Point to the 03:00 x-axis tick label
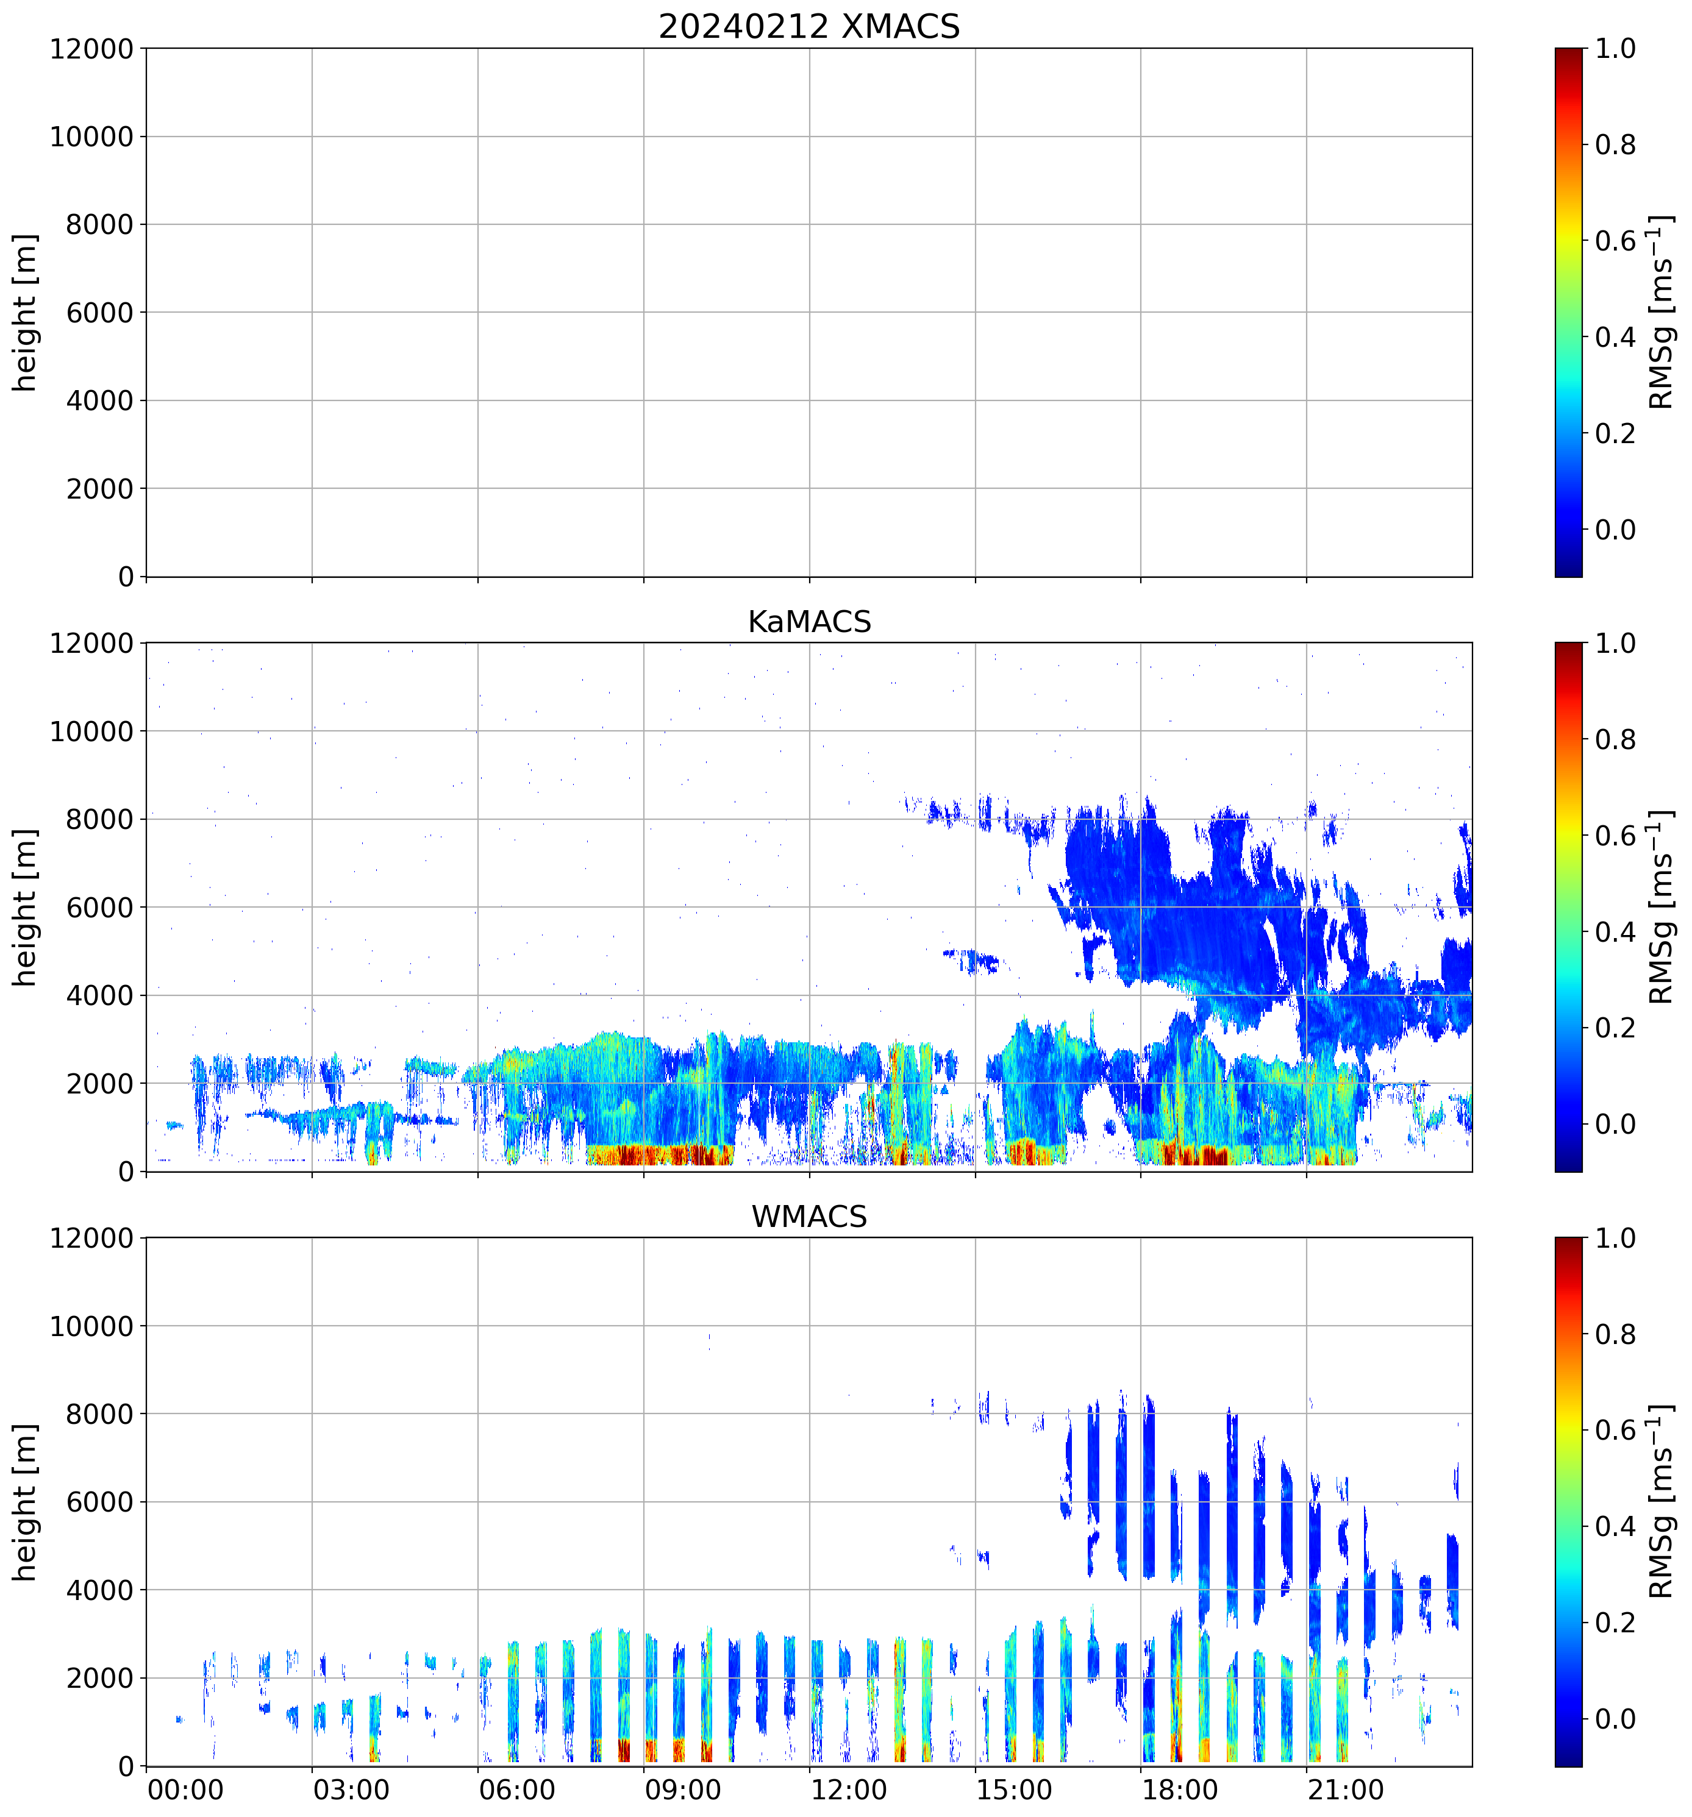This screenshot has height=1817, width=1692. point(351,1789)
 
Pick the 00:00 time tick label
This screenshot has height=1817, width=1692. point(185,1789)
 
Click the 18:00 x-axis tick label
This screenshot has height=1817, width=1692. point(1179,1789)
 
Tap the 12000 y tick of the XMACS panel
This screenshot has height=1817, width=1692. point(91,48)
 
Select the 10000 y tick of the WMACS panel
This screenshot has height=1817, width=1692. point(91,1326)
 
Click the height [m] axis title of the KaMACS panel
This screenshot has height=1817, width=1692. point(26,908)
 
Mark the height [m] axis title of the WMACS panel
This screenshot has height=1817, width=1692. point(26,1502)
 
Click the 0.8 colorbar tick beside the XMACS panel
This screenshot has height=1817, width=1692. point(1615,144)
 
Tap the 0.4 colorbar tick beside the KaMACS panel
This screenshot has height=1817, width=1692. point(1615,932)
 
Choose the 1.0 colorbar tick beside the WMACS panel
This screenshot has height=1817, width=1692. point(1615,1239)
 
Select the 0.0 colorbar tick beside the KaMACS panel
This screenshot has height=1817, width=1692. point(1615,1124)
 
